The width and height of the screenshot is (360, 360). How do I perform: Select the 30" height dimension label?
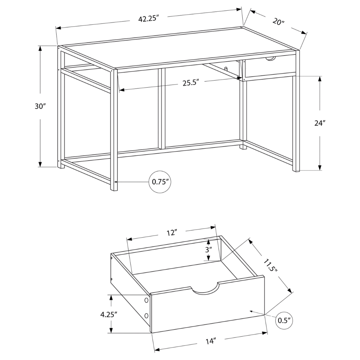[x=40, y=107]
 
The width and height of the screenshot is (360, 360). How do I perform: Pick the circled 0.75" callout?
[x=161, y=182]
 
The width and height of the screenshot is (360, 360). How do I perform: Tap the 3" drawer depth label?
[x=208, y=249]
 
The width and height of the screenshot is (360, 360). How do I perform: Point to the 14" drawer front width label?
[x=211, y=340]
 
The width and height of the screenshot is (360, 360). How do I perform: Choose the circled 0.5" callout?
[x=284, y=320]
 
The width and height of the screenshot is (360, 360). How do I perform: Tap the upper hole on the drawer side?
[x=146, y=301]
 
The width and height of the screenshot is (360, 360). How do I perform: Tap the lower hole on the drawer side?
[x=146, y=315]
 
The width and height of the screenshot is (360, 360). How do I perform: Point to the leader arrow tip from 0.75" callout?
[x=116, y=182]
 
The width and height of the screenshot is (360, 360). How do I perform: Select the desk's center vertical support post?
[x=163, y=108]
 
